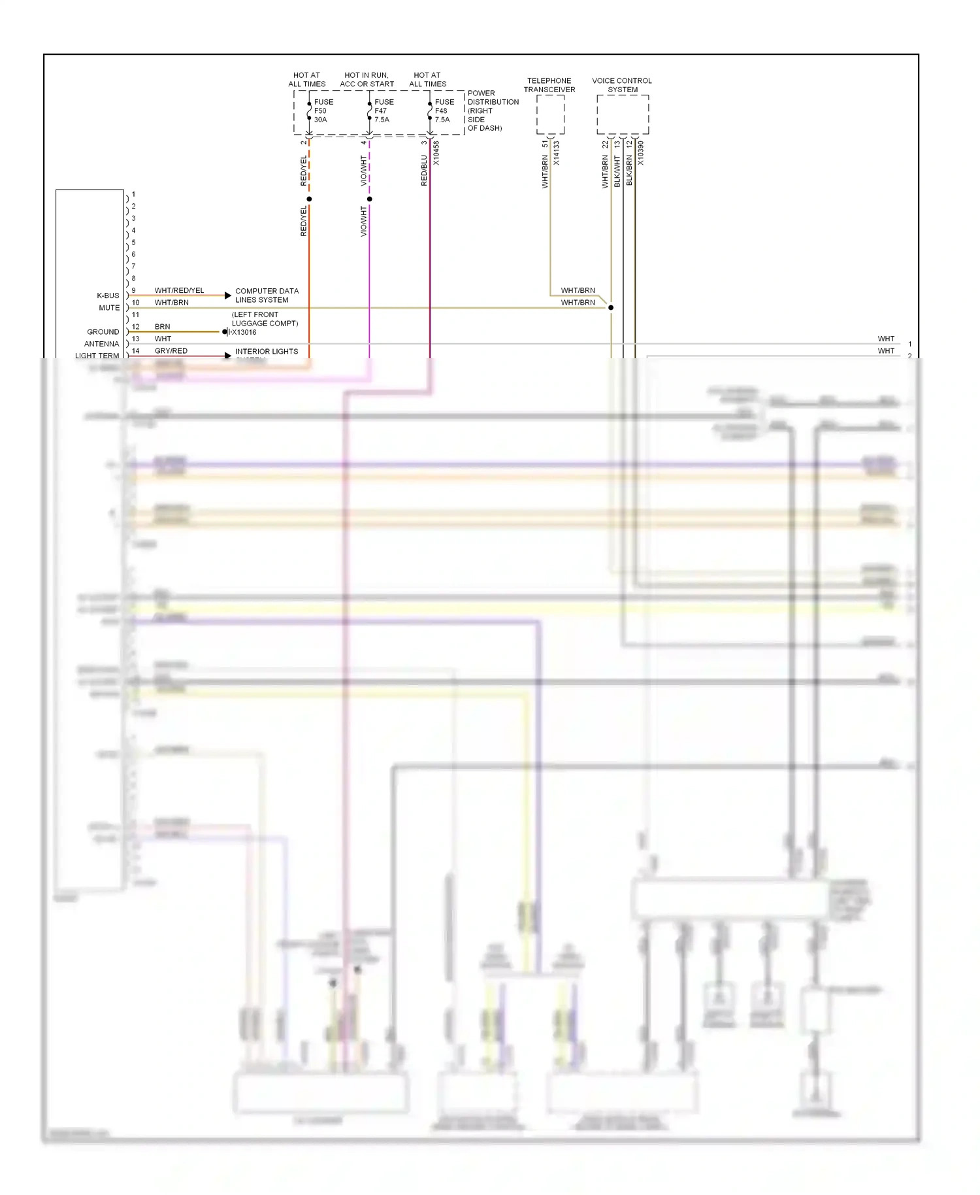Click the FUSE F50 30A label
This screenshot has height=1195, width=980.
pyautogui.click(x=323, y=111)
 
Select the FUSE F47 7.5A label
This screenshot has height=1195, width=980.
pyautogui.click(x=384, y=111)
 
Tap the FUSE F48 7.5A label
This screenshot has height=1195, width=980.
pyautogui.click(x=444, y=111)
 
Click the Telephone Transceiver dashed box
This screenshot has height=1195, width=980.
pyautogui.click(x=550, y=115)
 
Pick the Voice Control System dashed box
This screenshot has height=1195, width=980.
pyautogui.click(x=623, y=115)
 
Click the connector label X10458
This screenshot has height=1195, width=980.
pyautogui.click(x=436, y=153)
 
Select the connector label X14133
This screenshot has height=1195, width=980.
pyautogui.click(x=557, y=153)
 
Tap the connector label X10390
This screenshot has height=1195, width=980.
pyautogui.click(x=641, y=153)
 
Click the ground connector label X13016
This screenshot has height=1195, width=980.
pyautogui.click(x=244, y=332)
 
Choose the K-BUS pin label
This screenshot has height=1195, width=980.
pyautogui.click(x=108, y=295)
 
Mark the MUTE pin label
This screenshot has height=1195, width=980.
pyautogui.click(x=109, y=308)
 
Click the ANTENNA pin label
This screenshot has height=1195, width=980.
pyautogui.click(x=101, y=344)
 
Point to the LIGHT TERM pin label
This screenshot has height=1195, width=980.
pyautogui.click(x=97, y=356)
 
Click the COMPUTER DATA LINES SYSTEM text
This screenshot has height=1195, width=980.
pyautogui.click(x=267, y=295)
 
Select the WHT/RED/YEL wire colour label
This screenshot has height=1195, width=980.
pyautogui.click(x=179, y=290)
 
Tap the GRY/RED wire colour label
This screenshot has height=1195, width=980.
pyautogui.click(x=171, y=351)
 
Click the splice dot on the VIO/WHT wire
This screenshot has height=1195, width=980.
pyautogui.click(x=370, y=199)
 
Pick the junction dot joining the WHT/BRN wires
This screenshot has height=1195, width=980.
pyautogui.click(x=611, y=307)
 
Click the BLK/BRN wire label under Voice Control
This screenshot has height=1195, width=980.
pyautogui.click(x=629, y=170)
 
